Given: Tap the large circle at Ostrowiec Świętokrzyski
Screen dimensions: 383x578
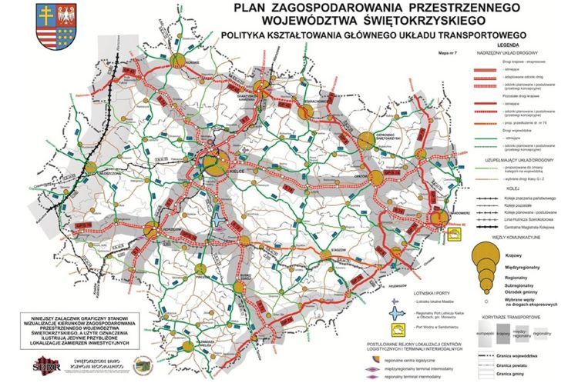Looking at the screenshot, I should point(366,140).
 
